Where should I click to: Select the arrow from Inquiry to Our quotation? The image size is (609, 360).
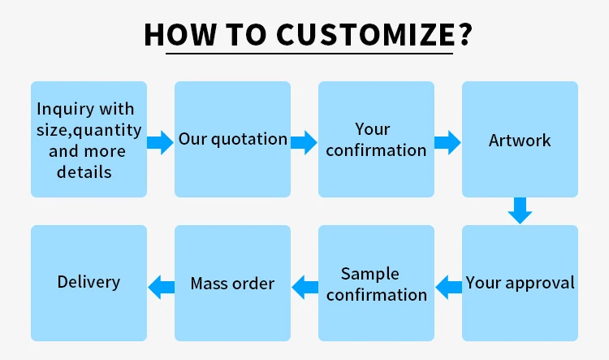click(x=160, y=143)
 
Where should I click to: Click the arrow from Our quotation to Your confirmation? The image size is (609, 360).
click(x=304, y=143)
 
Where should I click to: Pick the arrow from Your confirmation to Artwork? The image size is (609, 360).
click(x=447, y=143)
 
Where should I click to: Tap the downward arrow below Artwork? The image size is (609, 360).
click(x=520, y=210)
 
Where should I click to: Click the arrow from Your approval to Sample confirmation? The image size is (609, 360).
click(x=448, y=285)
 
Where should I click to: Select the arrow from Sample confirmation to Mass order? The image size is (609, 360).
click(x=304, y=285)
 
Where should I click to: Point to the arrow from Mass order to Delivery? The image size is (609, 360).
click(x=161, y=285)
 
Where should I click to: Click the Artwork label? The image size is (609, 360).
click(x=520, y=141)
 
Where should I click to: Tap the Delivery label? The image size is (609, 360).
click(x=89, y=282)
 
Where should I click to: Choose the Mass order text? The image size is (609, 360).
click(x=232, y=284)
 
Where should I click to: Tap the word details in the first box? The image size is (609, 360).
click(x=84, y=172)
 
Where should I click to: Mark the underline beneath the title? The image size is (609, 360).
click(x=309, y=54)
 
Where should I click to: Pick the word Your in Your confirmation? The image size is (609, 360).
click(x=373, y=129)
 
